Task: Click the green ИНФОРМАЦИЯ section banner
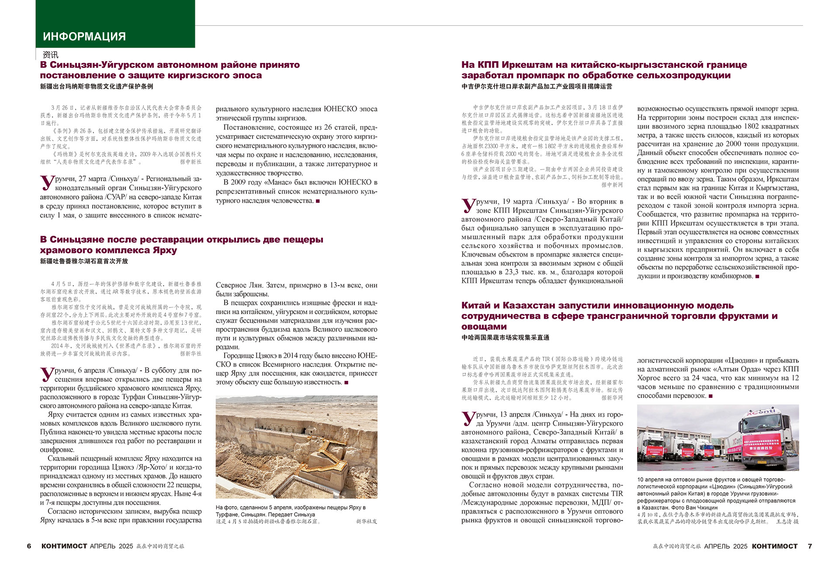pyautogui.click(x=115, y=24)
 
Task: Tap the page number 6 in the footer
pyautogui.click(x=29, y=546)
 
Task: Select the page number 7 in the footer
pyautogui.click(x=810, y=546)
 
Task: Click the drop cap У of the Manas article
pyautogui.click(x=47, y=183)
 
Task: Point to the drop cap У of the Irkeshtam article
pyautogui.click(x=468, y=205)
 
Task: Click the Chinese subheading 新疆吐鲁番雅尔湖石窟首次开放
pyautogui.click(x=84, y=261)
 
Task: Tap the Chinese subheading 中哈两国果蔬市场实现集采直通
pyautogui.click(x=505, y=338)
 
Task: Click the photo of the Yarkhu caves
pyautogui.click(x=296, y=447)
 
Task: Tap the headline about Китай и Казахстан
pyautogui.click(x=619, y=316)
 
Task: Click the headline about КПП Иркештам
pyautogui.click(x=604, y=70)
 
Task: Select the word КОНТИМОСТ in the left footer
pyautogui.click(x=64, y=546)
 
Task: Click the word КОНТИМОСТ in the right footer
pyautogui.click(x=774, y=546)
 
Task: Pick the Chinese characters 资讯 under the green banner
pyautogui.click(x=50, y=55)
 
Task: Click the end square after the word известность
pyautogui.click(x=347, y=383)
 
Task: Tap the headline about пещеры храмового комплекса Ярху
pyautogui.click(x=181, y=245)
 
